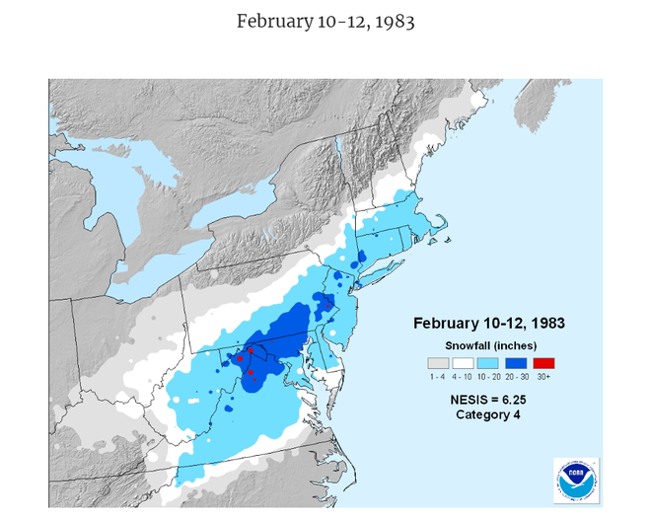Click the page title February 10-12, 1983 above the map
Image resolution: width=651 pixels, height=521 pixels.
coord(325,21)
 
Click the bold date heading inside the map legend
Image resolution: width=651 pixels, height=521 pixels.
coord(488,323)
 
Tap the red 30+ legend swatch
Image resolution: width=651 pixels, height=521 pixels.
coord(543,361)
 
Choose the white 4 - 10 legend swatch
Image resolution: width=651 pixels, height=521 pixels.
coord(463,361)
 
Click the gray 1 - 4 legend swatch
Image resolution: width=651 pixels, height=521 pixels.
coord(436,361)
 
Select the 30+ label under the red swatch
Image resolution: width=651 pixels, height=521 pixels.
coord(543,376)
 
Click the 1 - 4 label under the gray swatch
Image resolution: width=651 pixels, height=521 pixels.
coord(436,376)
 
